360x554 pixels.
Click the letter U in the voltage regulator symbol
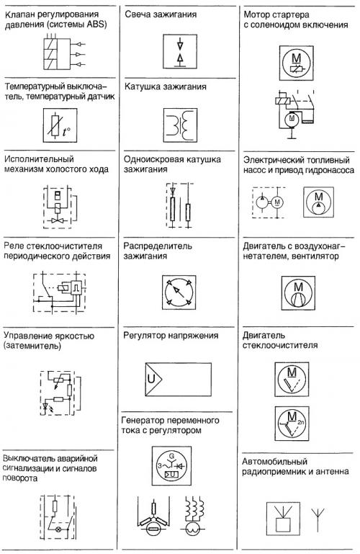[151, 379]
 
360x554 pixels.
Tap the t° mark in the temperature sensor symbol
[66, 132]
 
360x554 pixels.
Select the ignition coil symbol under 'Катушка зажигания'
[180, 125]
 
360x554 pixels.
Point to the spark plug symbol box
[180, 52]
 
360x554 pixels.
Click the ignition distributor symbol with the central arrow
[179, 292]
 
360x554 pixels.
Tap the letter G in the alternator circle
[172, 455]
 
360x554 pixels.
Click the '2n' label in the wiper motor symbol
[300, 422]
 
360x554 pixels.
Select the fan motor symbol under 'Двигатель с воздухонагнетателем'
[298, 293]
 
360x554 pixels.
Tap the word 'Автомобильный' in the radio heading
[274, 462]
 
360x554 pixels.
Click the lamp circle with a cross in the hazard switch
[58, 530]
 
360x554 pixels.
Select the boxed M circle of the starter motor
[296, 63]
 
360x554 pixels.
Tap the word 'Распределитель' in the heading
[158, 246]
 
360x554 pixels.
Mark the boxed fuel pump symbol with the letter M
[318, 202]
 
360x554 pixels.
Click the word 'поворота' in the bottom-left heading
[19, 479]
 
